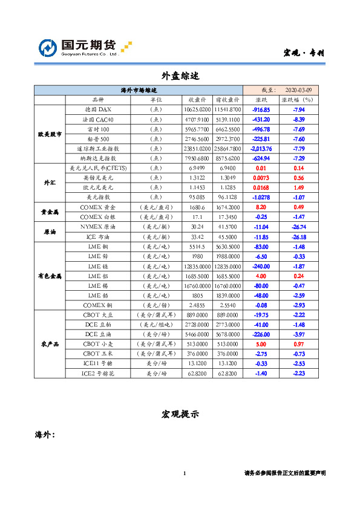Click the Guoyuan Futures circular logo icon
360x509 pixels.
point(48,48)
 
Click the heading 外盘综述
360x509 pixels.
point(180,76)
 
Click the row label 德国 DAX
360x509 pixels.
point(98,109)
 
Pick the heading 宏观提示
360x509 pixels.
point(180,414)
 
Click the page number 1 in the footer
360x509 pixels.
point(183,473)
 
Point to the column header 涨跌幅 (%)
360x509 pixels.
point(298,100)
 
